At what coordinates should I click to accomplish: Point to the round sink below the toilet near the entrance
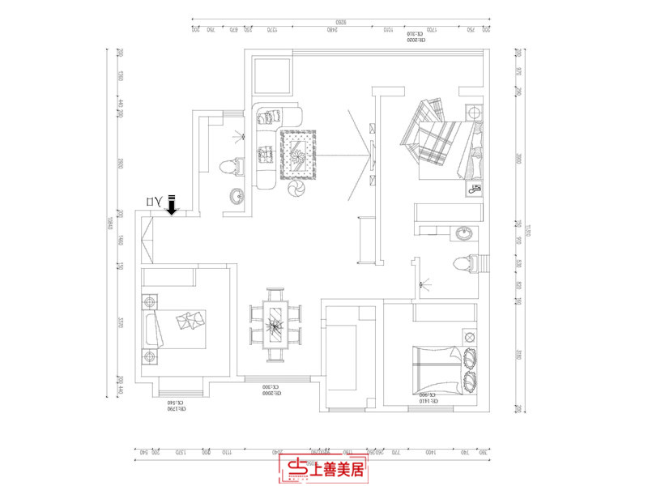click(x=237, y=195)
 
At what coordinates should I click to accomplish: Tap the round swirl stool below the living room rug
click(x=296, y=188)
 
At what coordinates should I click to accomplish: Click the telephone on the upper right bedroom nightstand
click(x=473, y=189)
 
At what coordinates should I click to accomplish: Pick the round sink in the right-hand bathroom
click(x=464, y=234)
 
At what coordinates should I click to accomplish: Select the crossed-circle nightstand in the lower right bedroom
click(x=468, y=335)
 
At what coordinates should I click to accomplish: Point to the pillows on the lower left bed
click(x=190, y=322)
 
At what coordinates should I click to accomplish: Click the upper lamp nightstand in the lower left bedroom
click(x=149, y=302)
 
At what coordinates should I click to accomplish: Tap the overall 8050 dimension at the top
click(x=340, y=21)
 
